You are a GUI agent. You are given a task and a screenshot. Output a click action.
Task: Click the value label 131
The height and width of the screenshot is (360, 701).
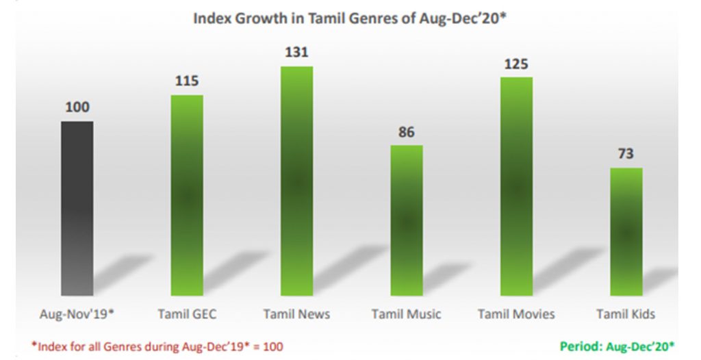(296, 53)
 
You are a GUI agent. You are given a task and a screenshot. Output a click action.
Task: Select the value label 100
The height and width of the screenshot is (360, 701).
(77, 107)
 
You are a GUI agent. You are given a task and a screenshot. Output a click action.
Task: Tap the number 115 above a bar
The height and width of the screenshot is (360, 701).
(187, 81)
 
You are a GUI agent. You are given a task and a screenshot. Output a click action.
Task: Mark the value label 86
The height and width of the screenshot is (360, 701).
(407, 131)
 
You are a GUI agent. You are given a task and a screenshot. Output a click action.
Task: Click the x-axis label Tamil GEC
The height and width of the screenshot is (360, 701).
(187, 314)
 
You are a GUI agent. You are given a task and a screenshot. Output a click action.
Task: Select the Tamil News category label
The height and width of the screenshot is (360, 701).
(296, 314)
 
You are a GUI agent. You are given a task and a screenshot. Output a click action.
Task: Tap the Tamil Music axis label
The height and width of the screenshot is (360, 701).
(407, 314)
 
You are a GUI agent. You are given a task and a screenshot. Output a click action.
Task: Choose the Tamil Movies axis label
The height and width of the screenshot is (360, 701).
(516, 314)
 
